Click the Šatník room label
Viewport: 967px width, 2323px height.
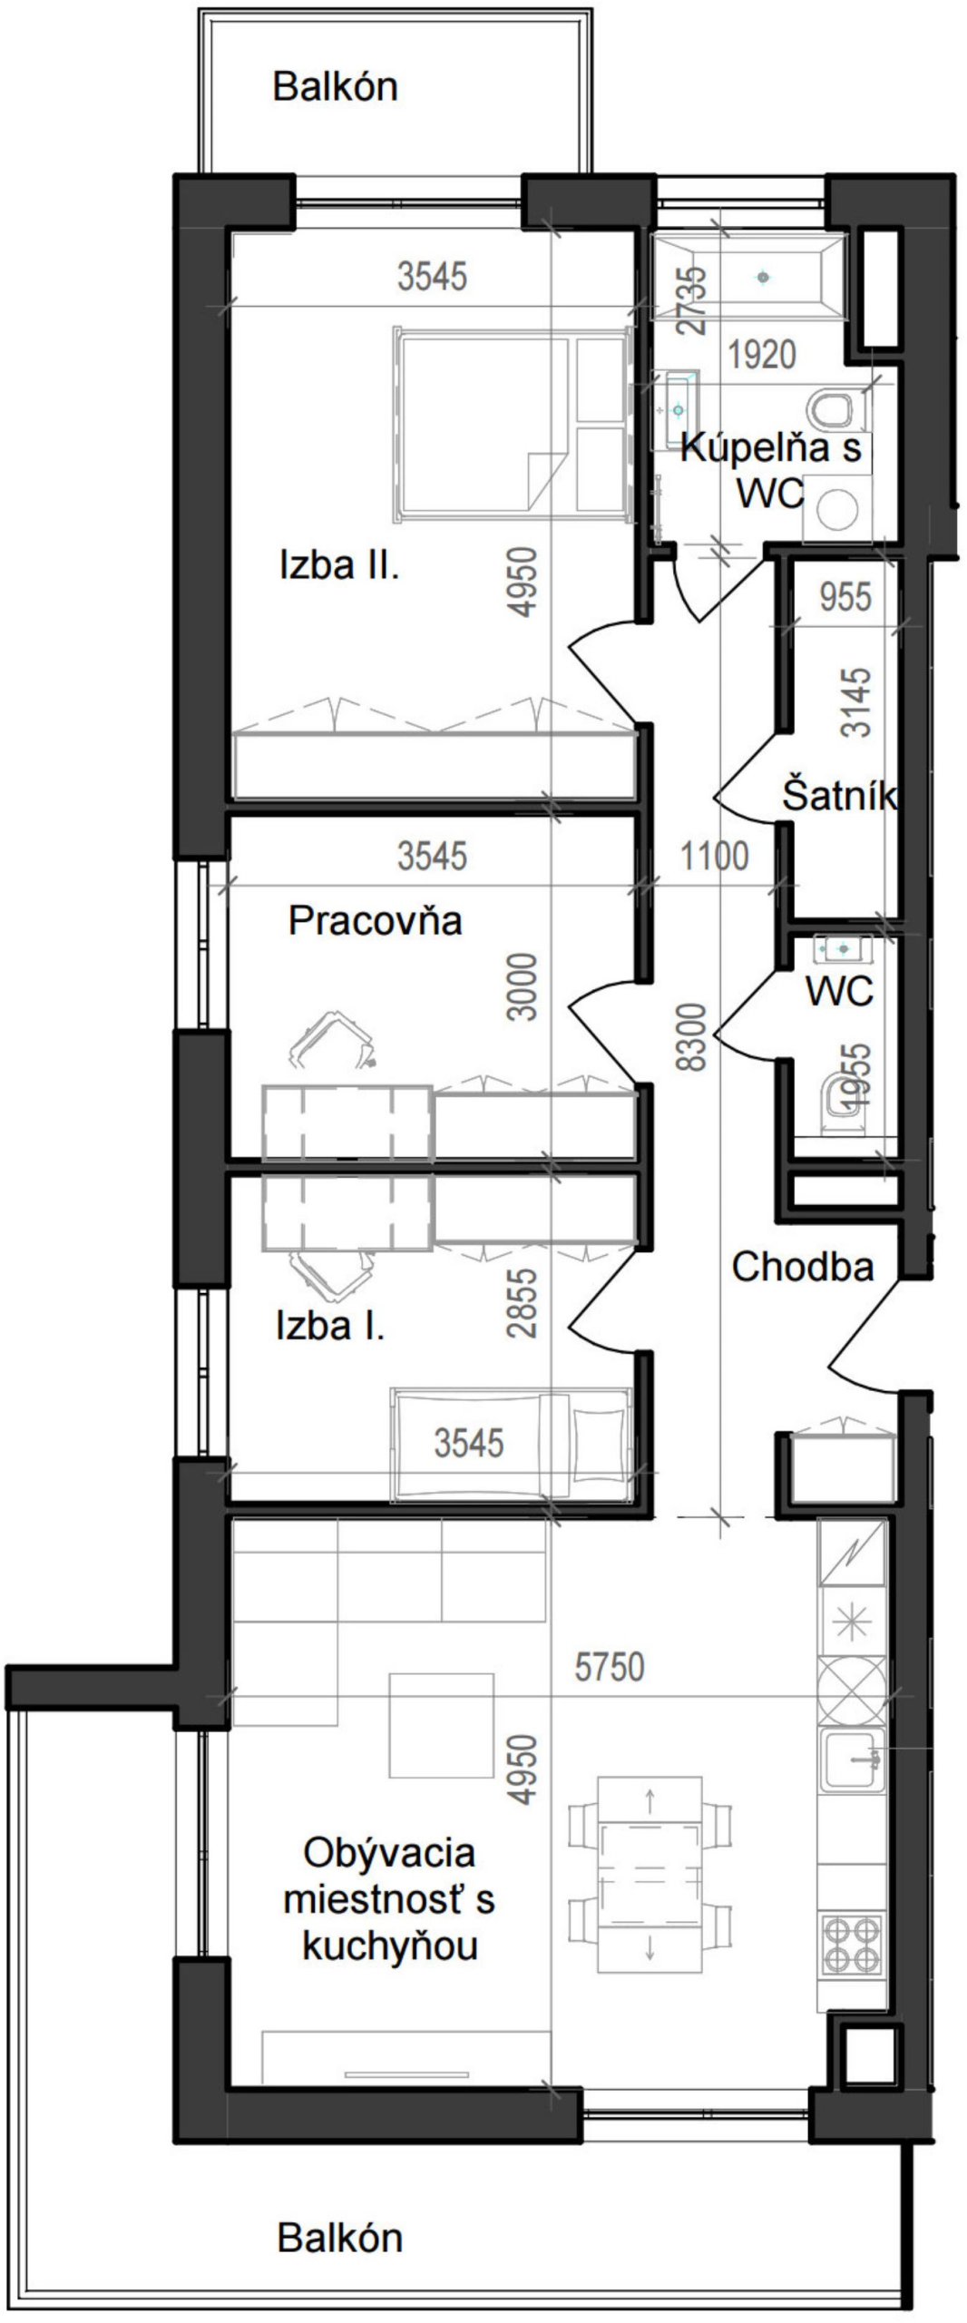839,795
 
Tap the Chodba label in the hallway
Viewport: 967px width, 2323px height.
803,1268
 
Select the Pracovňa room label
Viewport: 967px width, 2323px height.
376,920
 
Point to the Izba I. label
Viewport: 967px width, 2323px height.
330,1327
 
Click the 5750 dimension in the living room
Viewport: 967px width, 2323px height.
610,1667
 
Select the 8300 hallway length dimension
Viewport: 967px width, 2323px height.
692,1037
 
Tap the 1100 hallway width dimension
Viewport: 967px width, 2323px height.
715,856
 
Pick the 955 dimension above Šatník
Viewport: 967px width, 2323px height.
845,597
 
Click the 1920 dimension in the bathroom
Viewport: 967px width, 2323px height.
762,355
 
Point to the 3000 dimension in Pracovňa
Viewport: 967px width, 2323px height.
523,987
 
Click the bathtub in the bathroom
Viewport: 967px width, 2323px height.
749,277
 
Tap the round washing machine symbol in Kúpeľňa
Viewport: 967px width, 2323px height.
836,511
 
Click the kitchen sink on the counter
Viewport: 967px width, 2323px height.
852,1760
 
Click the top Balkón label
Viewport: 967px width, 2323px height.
336,86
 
